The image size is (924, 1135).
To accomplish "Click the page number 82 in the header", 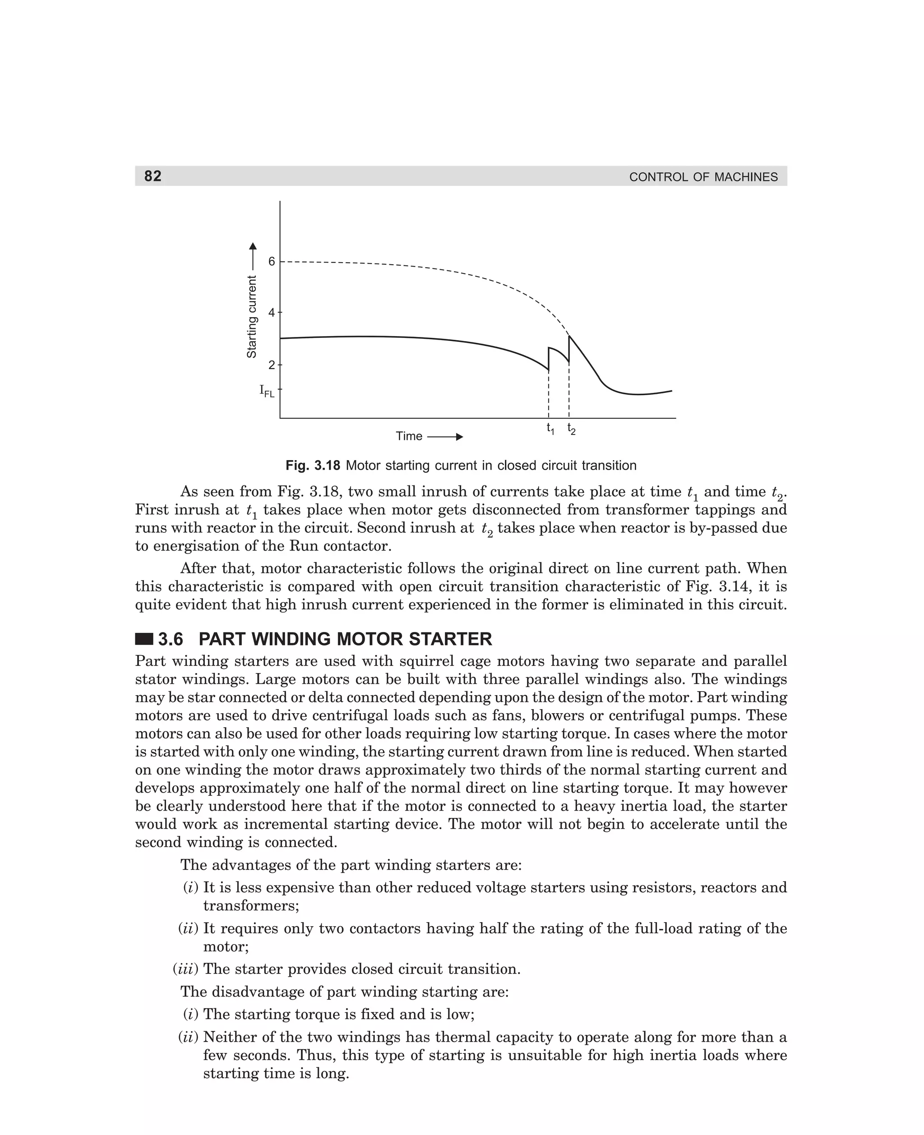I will [153, 176].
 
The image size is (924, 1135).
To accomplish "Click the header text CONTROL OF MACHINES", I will [703, 177].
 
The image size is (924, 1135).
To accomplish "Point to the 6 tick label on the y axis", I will [272, 261].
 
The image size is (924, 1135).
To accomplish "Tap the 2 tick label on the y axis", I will [272, 365].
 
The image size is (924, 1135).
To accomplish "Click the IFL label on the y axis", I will [267, 391].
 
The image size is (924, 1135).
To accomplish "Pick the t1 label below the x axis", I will [550, 429].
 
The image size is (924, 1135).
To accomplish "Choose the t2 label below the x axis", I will [571, 429].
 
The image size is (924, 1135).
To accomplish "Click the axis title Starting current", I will [252, 317].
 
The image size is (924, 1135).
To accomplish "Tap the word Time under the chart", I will [409, 436].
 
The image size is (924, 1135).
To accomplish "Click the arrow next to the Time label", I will [445, 437].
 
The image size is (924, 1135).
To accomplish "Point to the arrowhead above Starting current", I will [253, 246].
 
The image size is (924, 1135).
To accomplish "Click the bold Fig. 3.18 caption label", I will [312, 466].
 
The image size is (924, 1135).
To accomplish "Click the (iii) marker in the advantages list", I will [185, 969].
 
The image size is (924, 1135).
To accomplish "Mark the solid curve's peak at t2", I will [569, 336].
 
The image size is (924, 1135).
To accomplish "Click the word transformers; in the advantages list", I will [251, 906].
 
